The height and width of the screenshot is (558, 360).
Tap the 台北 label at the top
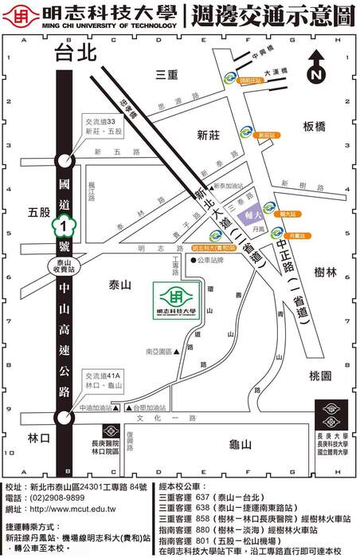coord(75,53)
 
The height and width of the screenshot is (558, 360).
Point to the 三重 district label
coord(166,74)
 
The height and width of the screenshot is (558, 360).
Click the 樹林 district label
coord(326,272)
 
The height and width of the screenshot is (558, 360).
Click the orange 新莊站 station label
coord(265,136)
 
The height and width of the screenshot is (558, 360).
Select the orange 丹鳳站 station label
coord(296,236)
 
